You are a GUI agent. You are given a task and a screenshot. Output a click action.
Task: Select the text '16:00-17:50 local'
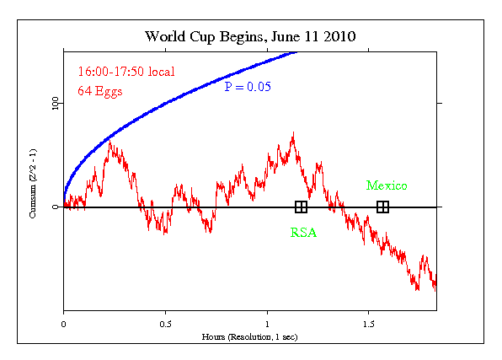[120, 72]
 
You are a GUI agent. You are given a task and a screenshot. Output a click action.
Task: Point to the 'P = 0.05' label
[251, 86]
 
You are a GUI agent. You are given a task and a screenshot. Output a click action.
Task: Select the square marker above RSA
[301, 207]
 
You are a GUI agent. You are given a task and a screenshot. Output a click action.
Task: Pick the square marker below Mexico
[382, 207]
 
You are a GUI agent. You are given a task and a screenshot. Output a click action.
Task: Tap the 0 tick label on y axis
[56, 207]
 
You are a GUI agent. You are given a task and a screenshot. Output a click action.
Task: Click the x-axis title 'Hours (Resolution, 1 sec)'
[250, 336]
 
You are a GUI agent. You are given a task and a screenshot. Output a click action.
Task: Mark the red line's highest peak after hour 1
[292, 133]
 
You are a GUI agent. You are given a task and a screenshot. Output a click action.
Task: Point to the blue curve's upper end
[296, 52]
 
